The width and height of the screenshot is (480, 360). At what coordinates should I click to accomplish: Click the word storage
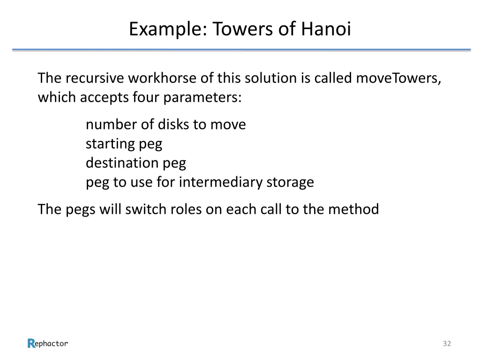point(290,182)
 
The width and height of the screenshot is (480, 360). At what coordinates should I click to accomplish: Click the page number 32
point(447,344)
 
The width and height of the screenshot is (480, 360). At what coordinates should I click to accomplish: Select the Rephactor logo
point(48,343)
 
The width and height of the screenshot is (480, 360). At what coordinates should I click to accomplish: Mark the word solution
point(266,78)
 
